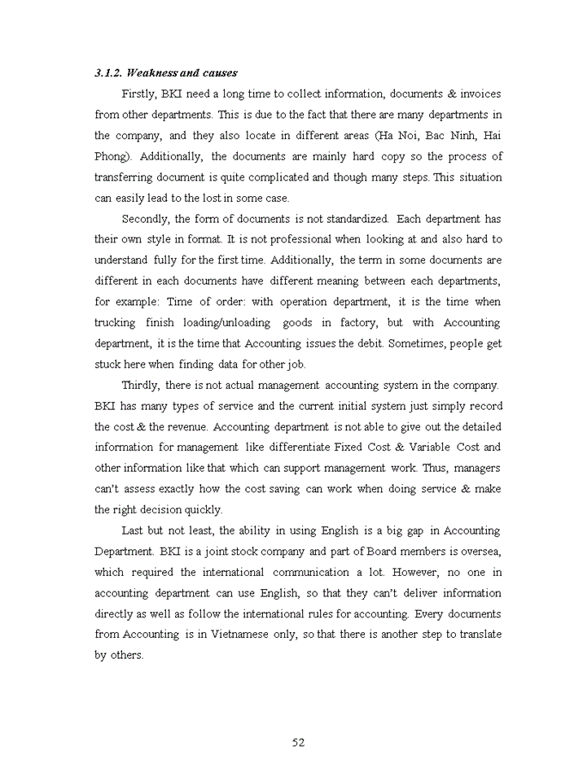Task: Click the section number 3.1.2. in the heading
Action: pos(110,73)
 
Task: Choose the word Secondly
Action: pos(144,219)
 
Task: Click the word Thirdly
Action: pos(141,385)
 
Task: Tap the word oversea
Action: pos(480,551)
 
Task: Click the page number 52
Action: pos(298,741)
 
